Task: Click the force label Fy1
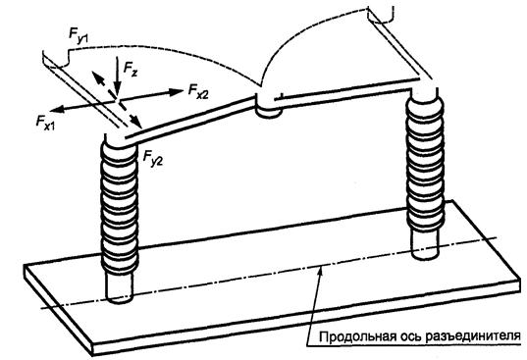pos(79,36)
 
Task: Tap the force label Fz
pos(131,70)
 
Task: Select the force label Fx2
pos(198,91)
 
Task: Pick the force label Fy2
pos(153,158)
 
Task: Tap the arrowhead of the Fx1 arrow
pos(57,109)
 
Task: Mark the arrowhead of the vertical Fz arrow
pos(117,92)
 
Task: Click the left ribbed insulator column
pos(120,206)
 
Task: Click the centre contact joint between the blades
pos(268,105)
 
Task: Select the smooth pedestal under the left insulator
pos(119,286)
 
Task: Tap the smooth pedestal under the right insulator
pos(425,246)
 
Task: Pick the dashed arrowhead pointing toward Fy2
pos(136,123)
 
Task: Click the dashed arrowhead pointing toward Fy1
pos(97,77)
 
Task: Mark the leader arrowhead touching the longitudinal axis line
pos(321,272)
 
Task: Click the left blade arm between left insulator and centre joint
pos(189,119)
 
